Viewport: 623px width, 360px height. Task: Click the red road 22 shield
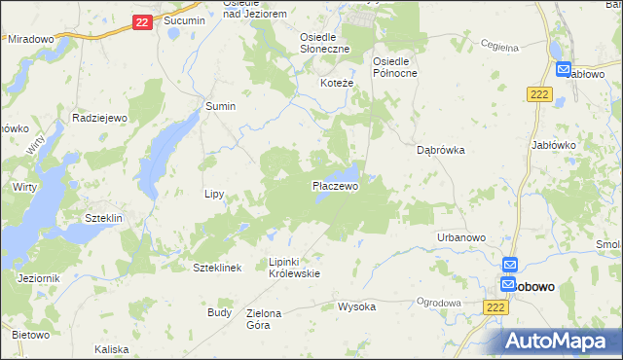coord(142,21)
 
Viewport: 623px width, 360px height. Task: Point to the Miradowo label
coord(30,39)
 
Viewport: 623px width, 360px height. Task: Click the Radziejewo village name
coord(101,117)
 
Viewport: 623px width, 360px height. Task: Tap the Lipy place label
coord(214,194)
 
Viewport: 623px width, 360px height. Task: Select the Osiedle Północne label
coord(395,67)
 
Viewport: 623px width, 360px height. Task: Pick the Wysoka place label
coord(356,306)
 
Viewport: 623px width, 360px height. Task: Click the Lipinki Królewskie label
coord(294,268)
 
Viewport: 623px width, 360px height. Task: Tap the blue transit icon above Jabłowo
coord(564,69)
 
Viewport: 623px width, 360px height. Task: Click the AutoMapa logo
coord(560,341)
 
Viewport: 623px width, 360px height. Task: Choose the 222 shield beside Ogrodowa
coord(495,306)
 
